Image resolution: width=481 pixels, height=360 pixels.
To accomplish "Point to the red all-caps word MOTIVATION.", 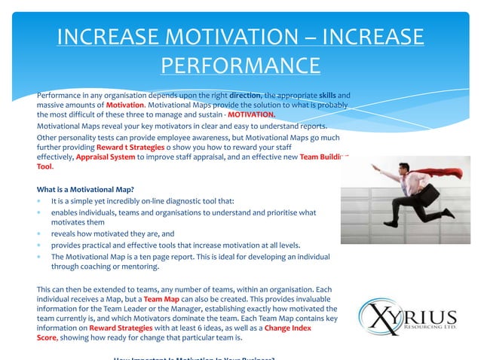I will pos(252,115).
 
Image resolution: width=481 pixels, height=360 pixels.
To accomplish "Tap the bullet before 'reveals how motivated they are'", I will pos(39,234).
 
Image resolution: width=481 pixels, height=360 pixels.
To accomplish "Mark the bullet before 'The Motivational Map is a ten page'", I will pos(39,256).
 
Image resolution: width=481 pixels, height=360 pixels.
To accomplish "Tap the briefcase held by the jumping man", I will pos(429,197).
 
